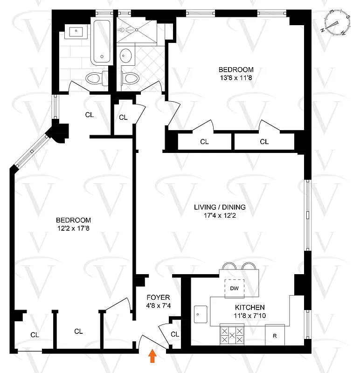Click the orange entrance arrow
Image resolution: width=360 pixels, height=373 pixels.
152,356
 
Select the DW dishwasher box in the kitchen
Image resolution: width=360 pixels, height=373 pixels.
234,288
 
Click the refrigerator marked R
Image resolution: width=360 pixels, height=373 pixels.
275,335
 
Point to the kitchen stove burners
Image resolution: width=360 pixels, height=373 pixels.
232,335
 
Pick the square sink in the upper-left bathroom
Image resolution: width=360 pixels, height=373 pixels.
76,32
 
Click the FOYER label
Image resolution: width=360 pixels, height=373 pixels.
159,297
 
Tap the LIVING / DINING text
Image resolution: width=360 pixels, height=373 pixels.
220,207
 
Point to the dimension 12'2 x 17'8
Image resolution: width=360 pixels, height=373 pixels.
74,228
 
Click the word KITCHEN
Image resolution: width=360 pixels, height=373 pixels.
250,307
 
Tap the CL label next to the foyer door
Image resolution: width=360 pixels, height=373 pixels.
175,334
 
